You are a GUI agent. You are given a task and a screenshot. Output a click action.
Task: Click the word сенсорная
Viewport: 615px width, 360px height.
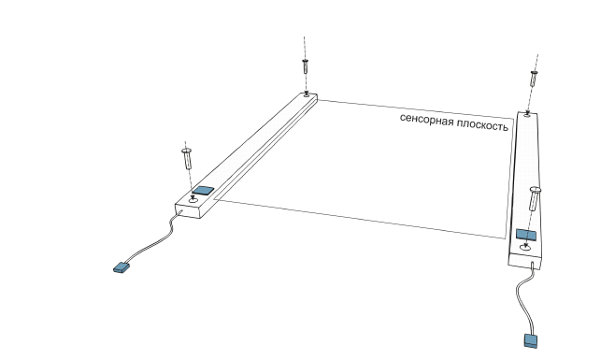point(427,120)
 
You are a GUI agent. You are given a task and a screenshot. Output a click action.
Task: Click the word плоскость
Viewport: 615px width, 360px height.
point(483,125)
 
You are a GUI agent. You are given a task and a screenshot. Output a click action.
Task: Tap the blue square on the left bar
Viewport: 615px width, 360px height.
point(203,191)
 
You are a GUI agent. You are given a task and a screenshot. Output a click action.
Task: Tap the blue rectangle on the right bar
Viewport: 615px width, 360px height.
point(526,235)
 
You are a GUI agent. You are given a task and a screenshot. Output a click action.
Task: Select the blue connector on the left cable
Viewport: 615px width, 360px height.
point(122,267)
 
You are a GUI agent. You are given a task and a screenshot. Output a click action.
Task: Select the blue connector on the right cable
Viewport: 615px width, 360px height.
point(531,340)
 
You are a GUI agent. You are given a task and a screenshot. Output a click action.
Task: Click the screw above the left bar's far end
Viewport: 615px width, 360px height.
point(305,66)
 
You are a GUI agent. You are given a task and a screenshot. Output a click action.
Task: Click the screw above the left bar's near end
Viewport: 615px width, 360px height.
point(187,159)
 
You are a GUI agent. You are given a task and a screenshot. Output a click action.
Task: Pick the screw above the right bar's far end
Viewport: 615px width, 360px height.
point(533,79)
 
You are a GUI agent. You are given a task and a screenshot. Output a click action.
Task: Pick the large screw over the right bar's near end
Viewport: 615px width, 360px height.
point(535,198)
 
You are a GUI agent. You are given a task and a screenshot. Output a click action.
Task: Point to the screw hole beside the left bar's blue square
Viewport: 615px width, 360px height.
point(193,200)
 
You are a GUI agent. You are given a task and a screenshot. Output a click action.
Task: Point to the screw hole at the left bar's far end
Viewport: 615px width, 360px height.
point(306,94)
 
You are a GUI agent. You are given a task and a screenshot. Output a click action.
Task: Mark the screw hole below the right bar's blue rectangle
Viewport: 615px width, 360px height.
point(525,248)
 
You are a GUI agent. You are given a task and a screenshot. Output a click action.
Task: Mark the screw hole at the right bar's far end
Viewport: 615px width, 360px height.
point(527,115)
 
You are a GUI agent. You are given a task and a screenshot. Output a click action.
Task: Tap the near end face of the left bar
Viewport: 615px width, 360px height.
point(188,211)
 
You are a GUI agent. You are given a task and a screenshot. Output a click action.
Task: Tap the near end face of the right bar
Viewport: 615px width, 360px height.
point(524,261)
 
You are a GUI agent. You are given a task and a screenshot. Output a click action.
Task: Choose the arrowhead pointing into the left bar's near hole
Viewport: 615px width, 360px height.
point(193,198)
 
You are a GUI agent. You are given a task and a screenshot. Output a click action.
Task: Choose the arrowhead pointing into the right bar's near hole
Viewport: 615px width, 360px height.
point(525,245)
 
